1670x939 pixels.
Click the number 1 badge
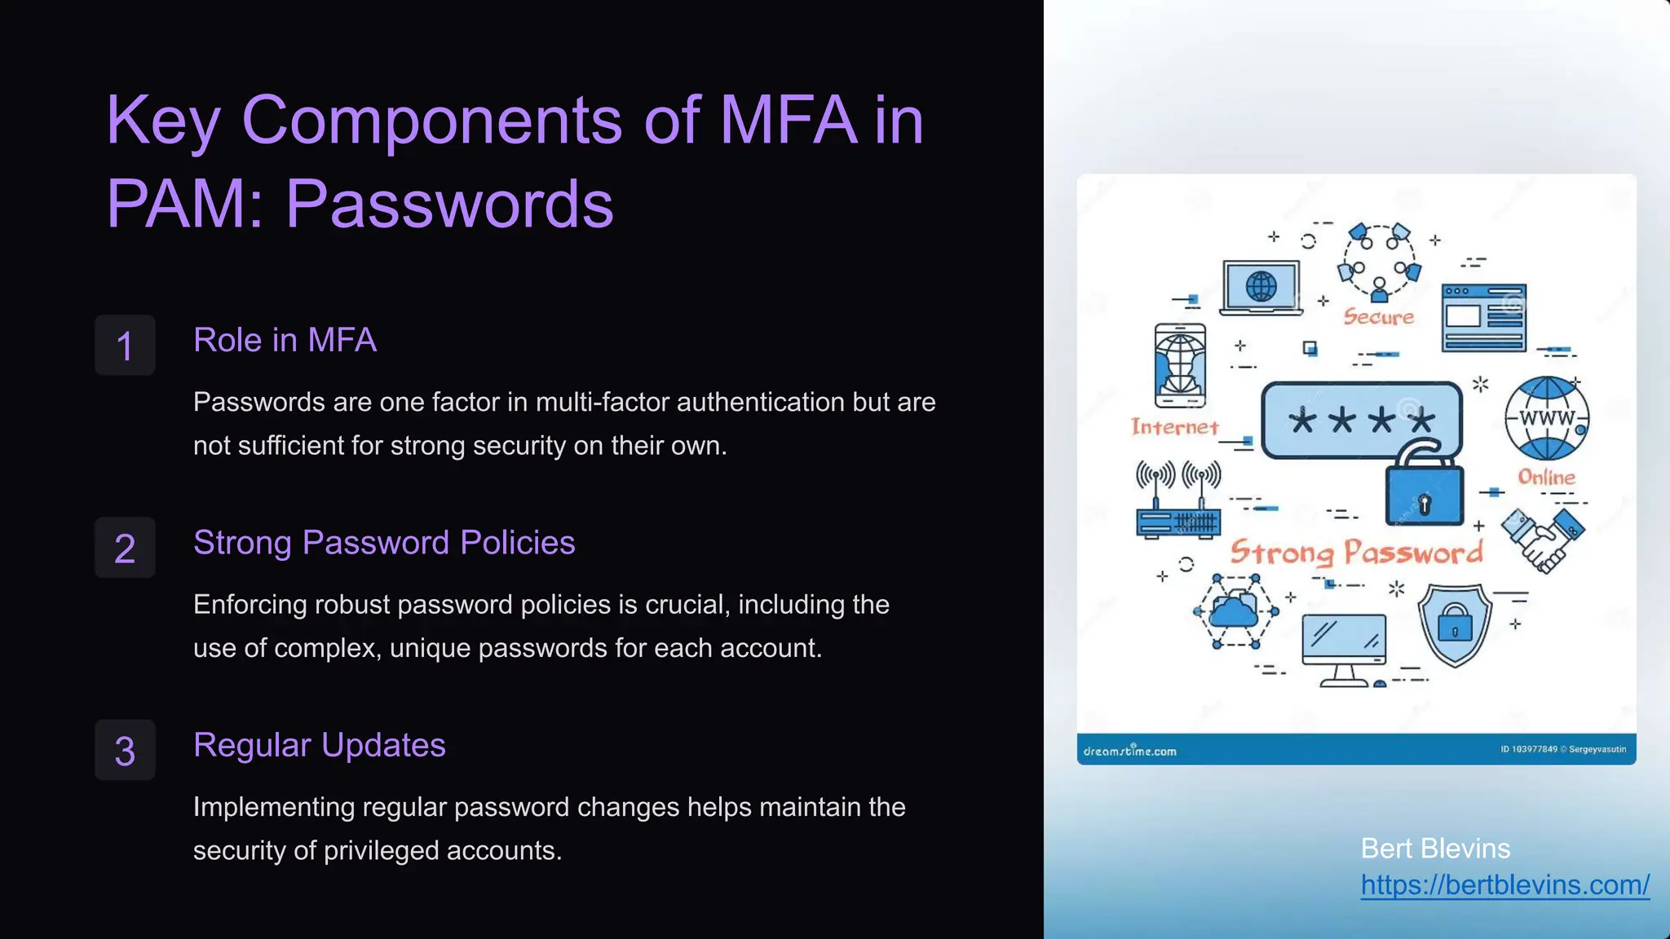(125, 346)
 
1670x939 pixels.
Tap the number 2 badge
(125, 548)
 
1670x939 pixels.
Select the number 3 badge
(125, 750)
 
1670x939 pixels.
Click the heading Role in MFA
(285, 340)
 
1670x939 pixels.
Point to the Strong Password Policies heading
(384, 543)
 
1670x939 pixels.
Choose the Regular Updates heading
(319, 745)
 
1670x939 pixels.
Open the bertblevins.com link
(1504, 884)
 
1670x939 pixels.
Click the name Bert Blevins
(1435, 849)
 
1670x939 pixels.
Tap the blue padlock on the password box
(1424, 489)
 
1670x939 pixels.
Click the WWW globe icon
(1546, 418)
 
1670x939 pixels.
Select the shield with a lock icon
(1455, 624)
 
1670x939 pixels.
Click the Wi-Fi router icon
(1178, 501)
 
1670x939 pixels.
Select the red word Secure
(1378, 316)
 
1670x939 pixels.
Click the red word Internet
(1174, 427)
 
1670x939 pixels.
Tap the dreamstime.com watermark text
(1129, 751)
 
